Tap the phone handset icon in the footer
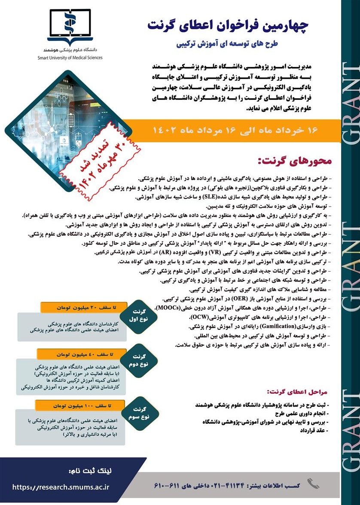coord(313,484)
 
